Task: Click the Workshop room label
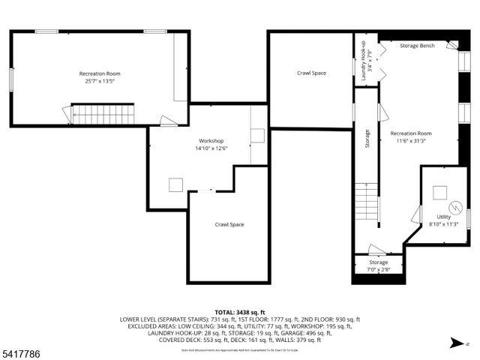[211, 141]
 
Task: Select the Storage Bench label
[418, 46]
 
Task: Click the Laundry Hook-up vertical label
[365, 61]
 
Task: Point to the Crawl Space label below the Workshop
[229, 224]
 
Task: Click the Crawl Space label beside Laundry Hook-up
[311, 73]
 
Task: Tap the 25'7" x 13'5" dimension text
[100, 81]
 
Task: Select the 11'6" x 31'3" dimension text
[411, 140]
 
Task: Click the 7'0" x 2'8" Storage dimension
[378, 269]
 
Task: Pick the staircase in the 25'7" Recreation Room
[101, 115]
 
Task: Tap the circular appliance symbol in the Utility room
[454, 206]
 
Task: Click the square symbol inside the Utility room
[439, 190]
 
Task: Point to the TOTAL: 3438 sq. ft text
[239, 310]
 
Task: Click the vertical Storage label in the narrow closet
[367, 139]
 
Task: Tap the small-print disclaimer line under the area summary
[239, 349]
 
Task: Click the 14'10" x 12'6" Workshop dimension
[211, 148]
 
